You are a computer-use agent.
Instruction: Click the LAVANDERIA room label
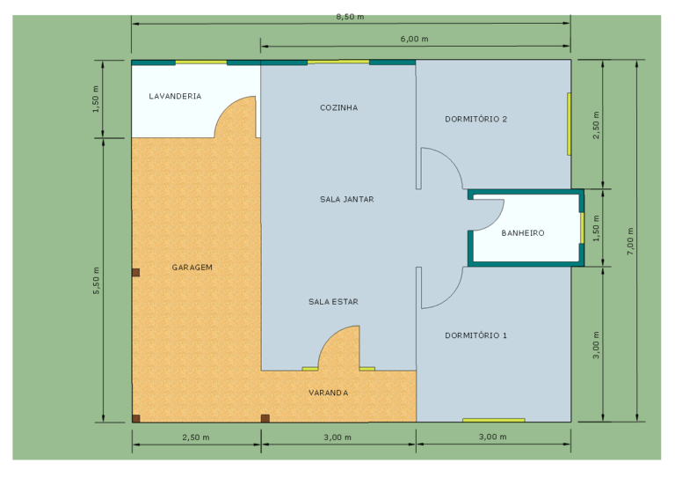point(175,96)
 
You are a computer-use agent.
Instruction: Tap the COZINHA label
point(338,107)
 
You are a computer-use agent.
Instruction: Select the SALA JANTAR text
point(347,199)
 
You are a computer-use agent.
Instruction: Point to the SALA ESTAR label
point(334,302)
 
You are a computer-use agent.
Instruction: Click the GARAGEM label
point(192,268)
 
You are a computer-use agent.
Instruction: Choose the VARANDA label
point(329,393)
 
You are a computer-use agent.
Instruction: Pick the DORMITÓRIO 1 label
point(476,335)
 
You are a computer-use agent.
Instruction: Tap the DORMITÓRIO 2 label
point(476,119)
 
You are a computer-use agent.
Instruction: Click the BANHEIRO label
point(523,233)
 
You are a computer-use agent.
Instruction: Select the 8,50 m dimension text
point(350,17)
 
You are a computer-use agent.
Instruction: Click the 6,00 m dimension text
point(415,39)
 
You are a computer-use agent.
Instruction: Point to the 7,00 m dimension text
point(630,241)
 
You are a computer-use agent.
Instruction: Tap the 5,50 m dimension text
point(96,281)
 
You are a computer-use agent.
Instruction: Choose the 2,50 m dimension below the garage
point(196,438)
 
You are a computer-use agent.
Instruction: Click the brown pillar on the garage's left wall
point(136,272)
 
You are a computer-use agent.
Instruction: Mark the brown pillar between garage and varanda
point(265,418)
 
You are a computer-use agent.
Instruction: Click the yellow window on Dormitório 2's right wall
point(570,124)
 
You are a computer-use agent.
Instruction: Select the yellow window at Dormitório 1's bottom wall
point(494,420)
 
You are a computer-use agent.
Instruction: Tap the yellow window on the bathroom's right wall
point(582,228)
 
